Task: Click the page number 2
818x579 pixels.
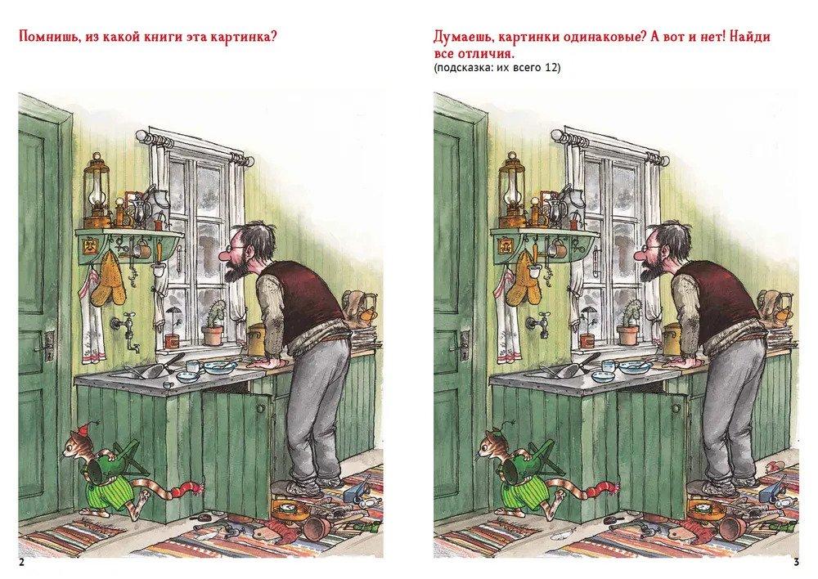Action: [x=21, y=563]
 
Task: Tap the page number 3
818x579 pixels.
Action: [x=796, y=563]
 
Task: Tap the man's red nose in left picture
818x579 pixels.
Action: [x=225, y=257]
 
